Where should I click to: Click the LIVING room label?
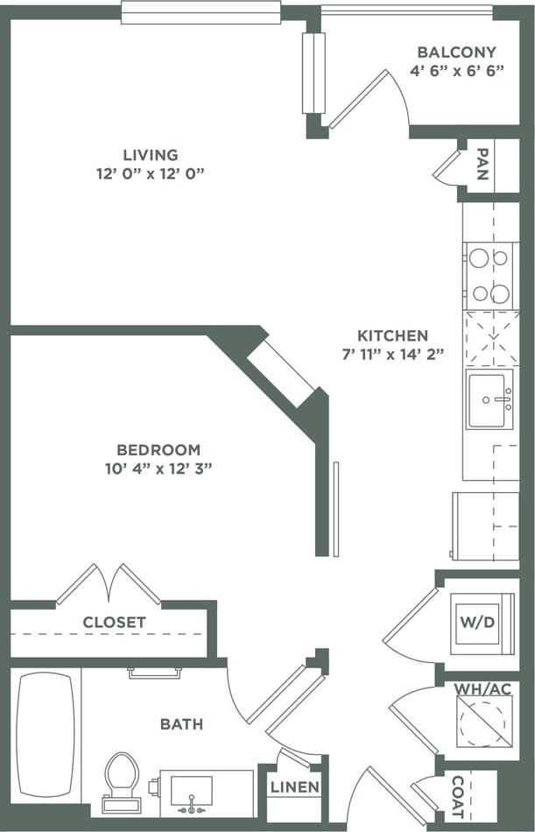click(150, 155)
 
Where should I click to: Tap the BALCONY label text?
click(456, 53)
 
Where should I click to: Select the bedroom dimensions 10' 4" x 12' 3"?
click(158, 469)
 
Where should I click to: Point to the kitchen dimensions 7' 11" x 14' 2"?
click(392, 355)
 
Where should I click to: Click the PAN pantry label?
click(482, 164)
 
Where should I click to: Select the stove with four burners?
click(489, 275)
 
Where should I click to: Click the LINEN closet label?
click(294, 787)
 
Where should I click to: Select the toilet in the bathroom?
click(121, 780)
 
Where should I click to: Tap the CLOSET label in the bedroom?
click(114, 623)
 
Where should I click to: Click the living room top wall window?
click(201, 12)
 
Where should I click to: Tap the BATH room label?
click(181, 724)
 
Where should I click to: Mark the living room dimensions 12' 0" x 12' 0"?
click(150, 173)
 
